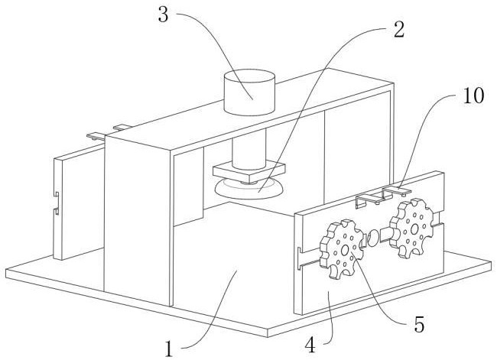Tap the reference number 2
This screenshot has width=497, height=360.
[397, 30]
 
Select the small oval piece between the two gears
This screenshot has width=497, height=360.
[375, 237]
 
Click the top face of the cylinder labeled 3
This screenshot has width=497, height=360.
[248, 78]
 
